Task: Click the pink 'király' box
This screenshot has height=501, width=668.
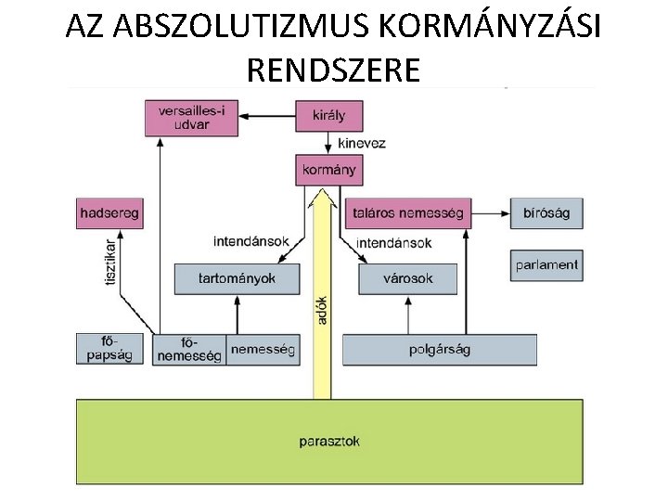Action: (x=328, y=116)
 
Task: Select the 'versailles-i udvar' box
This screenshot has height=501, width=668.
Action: (x=191, y=118)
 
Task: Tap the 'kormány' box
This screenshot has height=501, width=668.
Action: (x=328, y=171)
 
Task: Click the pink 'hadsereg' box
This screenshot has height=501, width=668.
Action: (x=109, y=213)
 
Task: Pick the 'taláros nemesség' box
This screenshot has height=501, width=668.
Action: (x=407, y=213)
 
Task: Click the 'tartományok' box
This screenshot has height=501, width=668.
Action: (x=238, y=278)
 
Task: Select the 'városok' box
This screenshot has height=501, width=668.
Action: (x=407, y=278)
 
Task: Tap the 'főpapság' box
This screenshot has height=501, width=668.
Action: (x=109, y=348)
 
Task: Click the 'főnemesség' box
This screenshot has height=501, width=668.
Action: (x=189, y=349)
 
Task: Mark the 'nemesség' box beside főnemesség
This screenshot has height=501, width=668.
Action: (x=263, y=349)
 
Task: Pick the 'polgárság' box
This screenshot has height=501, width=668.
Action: (x=439, y=349)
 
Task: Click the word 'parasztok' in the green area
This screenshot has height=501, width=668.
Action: (x=329, y=442)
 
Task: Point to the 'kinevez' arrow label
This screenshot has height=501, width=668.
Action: (x=361, y=144)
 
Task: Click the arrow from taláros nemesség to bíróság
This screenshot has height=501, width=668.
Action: (x=491, y=213)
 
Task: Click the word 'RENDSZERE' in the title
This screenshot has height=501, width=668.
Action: (x=334, y=69)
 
